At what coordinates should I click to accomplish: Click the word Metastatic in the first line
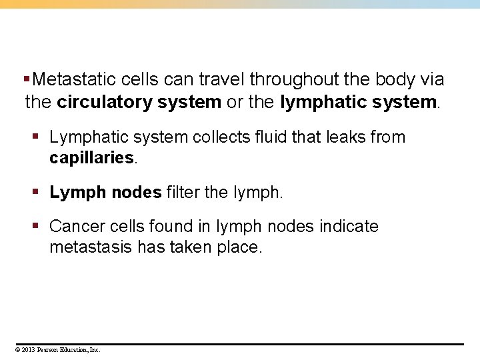tap(75, 80)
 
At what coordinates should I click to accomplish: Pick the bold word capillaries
tap(91, 159)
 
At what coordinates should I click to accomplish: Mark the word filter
tap(183, 193)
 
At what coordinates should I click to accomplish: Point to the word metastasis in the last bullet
tap(91, 247)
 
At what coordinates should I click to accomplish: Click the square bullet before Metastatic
tap(26, 79)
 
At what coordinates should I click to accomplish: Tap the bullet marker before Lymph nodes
tap(37, 193)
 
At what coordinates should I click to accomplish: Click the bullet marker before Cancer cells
tap(37, 227)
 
